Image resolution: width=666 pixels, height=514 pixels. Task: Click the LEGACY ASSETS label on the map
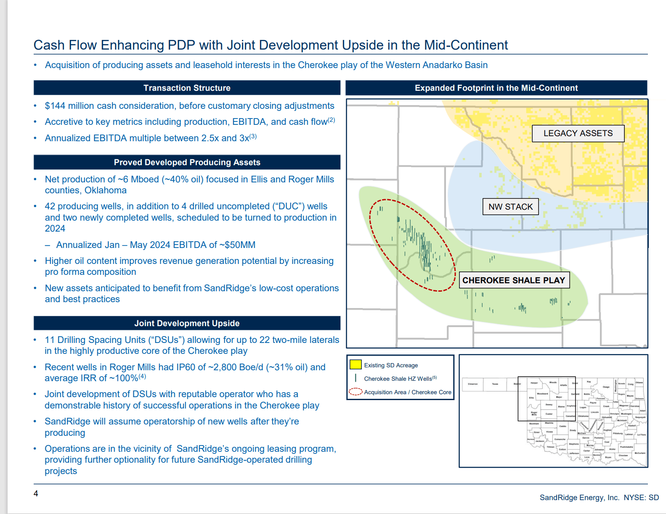pyautogui.click(x=578, y=133)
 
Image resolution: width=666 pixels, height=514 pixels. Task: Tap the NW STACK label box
pyautogui.click(x=510, y=207)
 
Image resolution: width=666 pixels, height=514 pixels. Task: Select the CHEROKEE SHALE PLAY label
pyautogui.click(x=514, y=280)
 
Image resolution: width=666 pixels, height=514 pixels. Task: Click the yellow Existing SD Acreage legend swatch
pyautogui.click(x=356, y=364)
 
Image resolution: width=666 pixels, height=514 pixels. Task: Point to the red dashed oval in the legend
pyautogui.click(x=356, y=392)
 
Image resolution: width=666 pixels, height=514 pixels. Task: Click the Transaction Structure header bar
pyautogui.click(x=187, y=88)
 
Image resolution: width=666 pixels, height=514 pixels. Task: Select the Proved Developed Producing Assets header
pyautogui.click(x=187, y=162)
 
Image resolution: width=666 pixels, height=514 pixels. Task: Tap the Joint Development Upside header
pyautogui.click(x=187, y=323)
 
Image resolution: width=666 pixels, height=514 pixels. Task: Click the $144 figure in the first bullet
pyautogui.click(x=55, y=106)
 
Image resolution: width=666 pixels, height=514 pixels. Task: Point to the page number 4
pyautogui.click(x=36, y=493)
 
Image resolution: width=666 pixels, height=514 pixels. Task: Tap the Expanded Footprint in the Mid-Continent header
pyautogui.click(x=496, y=88)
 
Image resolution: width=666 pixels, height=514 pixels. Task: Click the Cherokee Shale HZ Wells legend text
pyautogui.click(x=398, y=379)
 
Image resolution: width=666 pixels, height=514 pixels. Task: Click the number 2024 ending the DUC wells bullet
pyautogui.click(x=55, y=229)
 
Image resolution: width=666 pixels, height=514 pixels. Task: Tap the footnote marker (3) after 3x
pyautogui.click(x=253, y=136)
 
